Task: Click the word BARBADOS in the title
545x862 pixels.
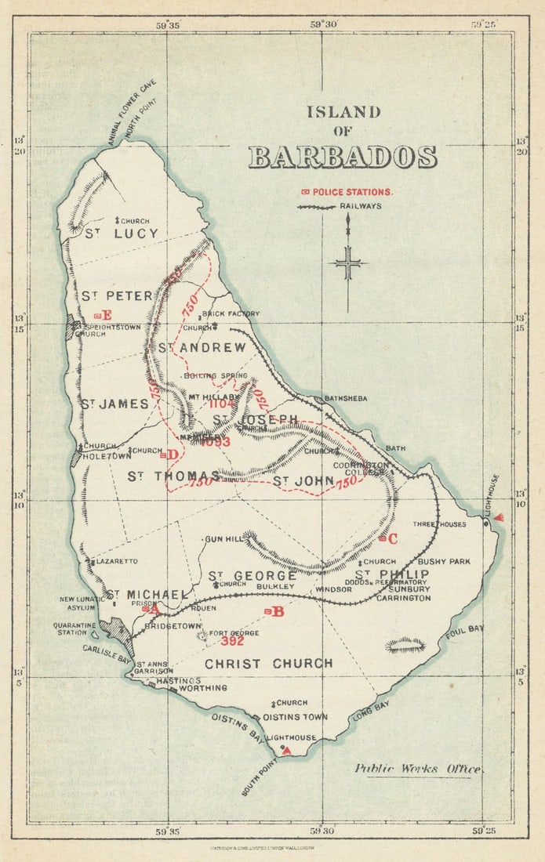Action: [343, 158]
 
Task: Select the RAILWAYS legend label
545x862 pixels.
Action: [361, 206]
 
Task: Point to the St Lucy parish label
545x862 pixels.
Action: [122, 234]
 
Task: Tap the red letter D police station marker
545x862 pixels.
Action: [172, 455]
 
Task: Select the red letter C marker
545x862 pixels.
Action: [392, 538]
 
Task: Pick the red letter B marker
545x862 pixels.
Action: [277, 611]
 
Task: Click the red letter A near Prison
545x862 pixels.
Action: [153, 608]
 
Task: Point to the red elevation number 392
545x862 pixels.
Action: [232, 641]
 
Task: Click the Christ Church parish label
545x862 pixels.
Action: [269, 664]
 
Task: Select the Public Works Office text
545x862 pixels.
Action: [417, 769]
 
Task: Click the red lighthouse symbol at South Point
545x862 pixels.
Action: [286, 751]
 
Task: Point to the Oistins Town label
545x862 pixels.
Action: [295, 717]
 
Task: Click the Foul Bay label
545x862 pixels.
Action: [462, 631]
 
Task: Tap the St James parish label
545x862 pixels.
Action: [114, 404]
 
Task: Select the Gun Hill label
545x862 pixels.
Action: [220, 540]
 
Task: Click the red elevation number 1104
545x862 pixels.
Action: [223, 404]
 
